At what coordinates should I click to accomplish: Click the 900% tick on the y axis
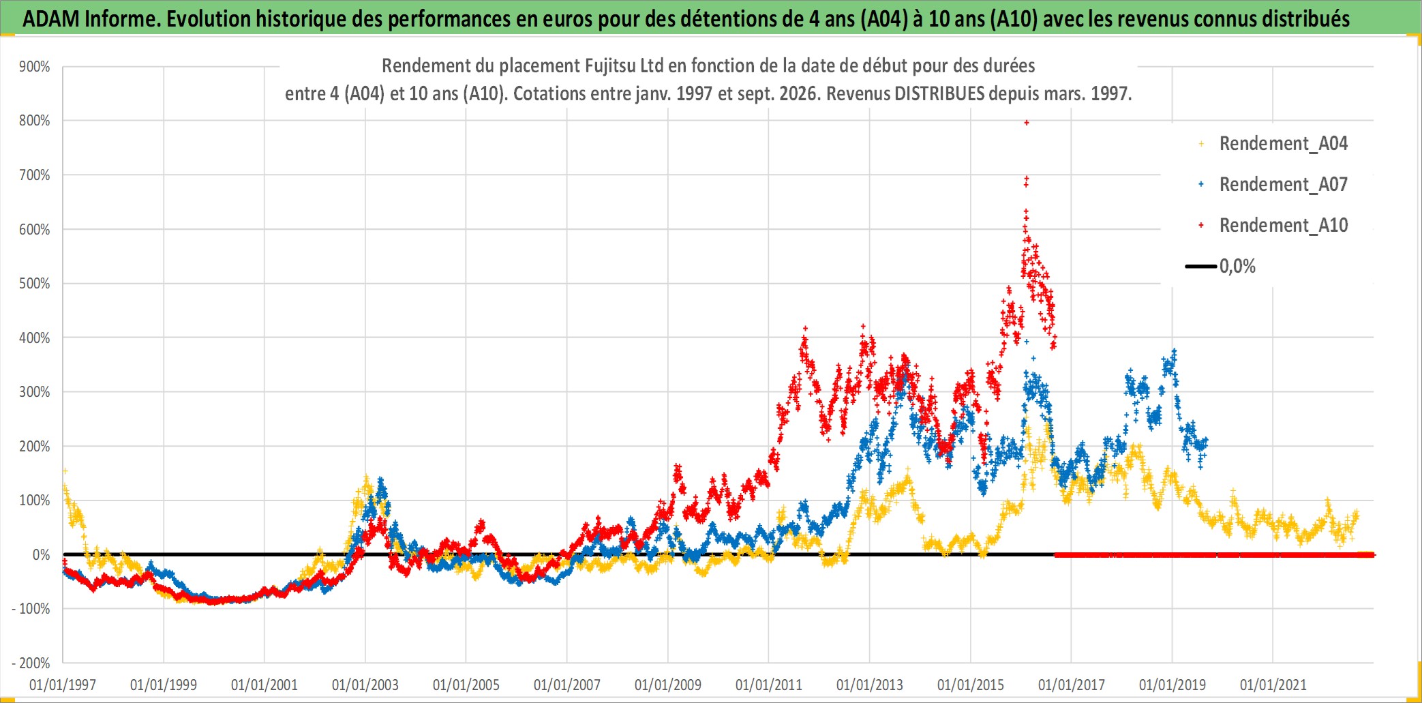(x=35, y=67)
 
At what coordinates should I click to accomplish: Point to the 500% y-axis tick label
(x=35, y=284)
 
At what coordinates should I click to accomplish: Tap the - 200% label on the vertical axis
(x=31, y=663)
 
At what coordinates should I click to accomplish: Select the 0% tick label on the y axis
(x=42, y=555)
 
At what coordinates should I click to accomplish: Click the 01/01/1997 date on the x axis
(x=63, y=685)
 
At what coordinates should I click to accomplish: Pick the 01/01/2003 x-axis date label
(x=365, y=685)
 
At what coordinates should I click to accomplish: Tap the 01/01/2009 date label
(x=668, y=685)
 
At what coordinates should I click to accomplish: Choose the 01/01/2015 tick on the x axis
(x=971, y=685)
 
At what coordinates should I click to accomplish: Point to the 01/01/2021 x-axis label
(x=1273, y=685)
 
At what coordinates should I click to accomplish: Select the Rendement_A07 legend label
(x=1284, y=185)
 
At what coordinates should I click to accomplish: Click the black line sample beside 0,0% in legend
(x=1201, y=266)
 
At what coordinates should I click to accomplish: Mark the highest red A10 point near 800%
(x=1027, y=123)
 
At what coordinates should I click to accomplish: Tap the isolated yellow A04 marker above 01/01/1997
(x=65, y=471)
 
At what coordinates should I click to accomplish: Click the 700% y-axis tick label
(x=35, y=175)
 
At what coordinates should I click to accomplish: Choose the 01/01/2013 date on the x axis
(x=870, y=685)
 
